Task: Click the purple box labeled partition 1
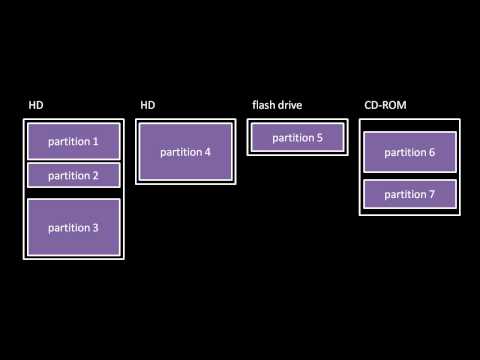[73, 141]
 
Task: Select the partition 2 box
[73, 175]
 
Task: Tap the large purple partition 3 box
[73, 227]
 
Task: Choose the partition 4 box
[185, 152]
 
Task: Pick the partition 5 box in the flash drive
[297, 138]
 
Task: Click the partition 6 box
[409, 152]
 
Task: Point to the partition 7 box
[409, 194]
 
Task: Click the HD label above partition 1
[35, 105]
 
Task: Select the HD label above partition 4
[147, 105]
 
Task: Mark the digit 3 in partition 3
[95, 228]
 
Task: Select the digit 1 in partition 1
[95, 142]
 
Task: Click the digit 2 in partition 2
[95, 176]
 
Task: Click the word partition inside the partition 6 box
[403, 152]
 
